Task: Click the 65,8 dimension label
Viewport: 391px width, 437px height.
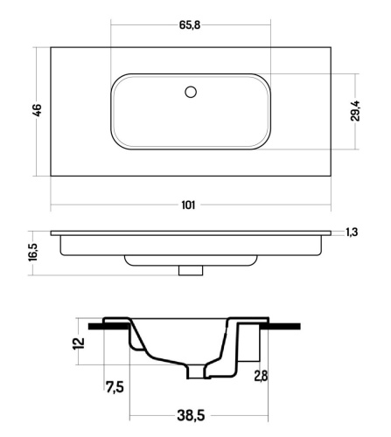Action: pos(190,25)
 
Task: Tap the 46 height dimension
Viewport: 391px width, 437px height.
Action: pos(38,110)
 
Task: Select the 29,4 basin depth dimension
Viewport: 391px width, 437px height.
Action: pos(355,110)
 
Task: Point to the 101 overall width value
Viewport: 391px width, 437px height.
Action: pos(188,205)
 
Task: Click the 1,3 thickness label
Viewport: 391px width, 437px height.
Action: pos(352,232)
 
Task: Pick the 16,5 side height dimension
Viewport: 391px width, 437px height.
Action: pos(33,252)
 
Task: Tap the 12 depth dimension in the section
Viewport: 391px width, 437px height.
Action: pos(80,343)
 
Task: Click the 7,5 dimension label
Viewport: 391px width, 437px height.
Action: pos(115,387)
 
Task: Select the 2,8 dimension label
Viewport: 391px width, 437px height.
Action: pos(261,376)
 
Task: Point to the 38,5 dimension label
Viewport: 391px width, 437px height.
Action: pos(191,415)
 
